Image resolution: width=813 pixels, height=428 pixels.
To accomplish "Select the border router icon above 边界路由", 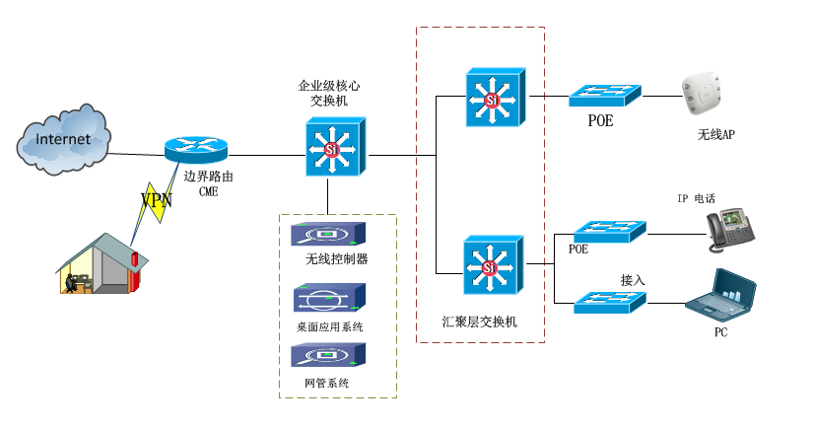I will pyautogui.click(x=196, y=149).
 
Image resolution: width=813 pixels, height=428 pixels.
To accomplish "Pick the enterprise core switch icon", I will pyautogui.click(x=334, y=147).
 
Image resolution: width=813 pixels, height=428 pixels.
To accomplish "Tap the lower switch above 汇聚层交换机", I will pyautogui.click(x=495, y=265).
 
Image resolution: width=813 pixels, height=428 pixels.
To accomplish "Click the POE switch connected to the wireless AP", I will pyautogui.click(x=605, y=96).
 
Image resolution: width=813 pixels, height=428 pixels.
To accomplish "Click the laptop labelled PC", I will pyautogui.click(x=722, y=299).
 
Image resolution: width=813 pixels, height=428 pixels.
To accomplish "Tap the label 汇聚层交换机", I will pyautogui.click(x=481, y=322).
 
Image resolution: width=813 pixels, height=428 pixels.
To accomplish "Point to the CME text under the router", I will pyautogui.click(x=208, y=192).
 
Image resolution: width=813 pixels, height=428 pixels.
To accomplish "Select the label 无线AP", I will pyautogui.click(x=715, y=134).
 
